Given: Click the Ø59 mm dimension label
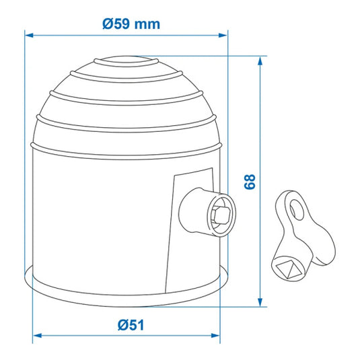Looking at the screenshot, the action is [x=131, y=24].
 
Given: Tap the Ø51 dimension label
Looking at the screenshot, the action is [x=131, y=325].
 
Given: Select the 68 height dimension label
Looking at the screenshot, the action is [x=250, y=182].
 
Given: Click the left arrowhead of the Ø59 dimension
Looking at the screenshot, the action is [x=29, y=35].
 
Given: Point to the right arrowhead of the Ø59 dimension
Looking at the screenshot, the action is [x=223, y=35].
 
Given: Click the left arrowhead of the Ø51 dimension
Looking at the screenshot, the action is [x=37, y=335].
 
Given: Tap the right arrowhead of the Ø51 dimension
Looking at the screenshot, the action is [x=215, y=335].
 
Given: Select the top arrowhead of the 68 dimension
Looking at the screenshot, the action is [x=260, y=61].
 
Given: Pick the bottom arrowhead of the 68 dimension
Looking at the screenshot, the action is [x=260, y=302].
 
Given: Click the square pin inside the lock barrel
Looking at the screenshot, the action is [x=221, y=215].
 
